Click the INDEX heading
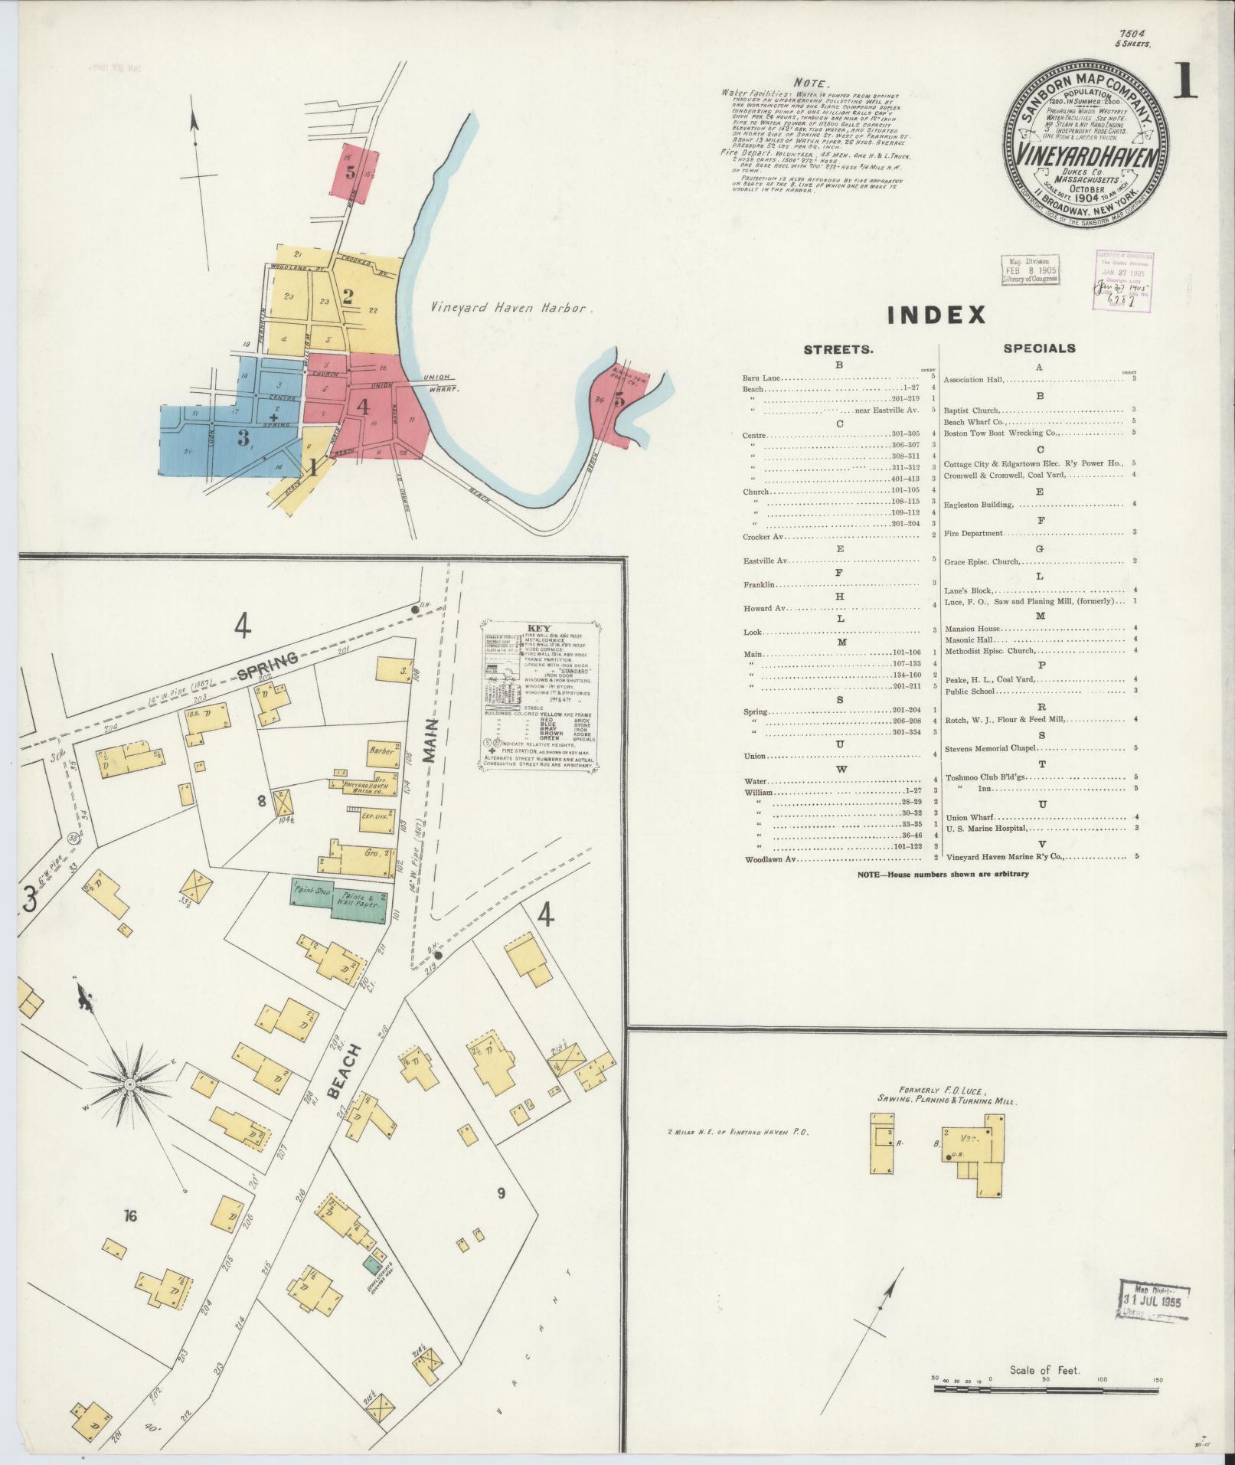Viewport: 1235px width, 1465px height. pyautogui.click(x=936, y=315)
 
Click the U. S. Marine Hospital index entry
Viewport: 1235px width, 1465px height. pyautogui.click(x=987, y=828)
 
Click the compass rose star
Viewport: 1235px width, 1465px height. pyautogui.click(x=130, y=1084)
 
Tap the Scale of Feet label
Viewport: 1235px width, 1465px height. pyautogui.click(x=1044, y=1370)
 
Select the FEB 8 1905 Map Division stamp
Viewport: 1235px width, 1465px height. pyautogui.click(x=1031, y=270)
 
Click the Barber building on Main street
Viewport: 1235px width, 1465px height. pyautogui.click(x=382, y=751)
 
